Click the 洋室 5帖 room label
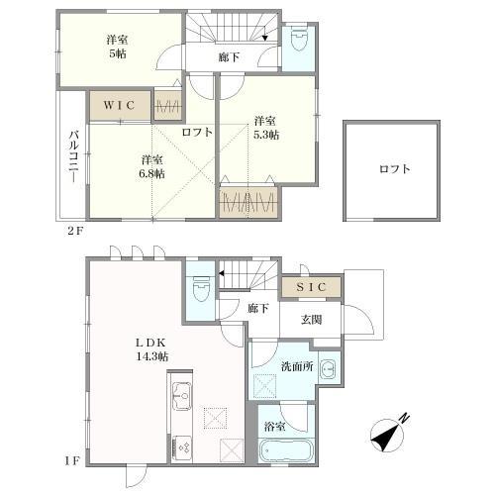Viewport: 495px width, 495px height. [x=118, y=48]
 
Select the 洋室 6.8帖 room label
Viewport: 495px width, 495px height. [x=151, y=165]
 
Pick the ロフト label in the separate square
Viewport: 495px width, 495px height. [x=394, y=169]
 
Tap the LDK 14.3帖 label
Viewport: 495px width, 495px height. [x=151, y=347]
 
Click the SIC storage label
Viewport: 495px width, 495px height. [x=312, y=286]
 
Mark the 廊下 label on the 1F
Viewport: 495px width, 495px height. [x=258, y=309]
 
